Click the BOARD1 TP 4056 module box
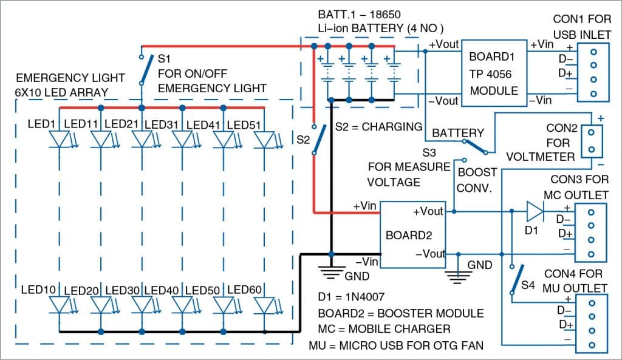pyautogui.click(x=493, y=73)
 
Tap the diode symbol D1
pyautogui.click(x=535, y=212)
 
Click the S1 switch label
pyautogui.click(x=164, y=59)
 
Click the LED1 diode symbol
pyautogui.click(x=60, y=139)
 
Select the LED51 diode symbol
pyautogui.click(x=264, y=139)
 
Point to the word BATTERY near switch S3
pyautogui.click(x=458, y=133)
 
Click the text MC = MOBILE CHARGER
pyautogui.click(x=384, y=329)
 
